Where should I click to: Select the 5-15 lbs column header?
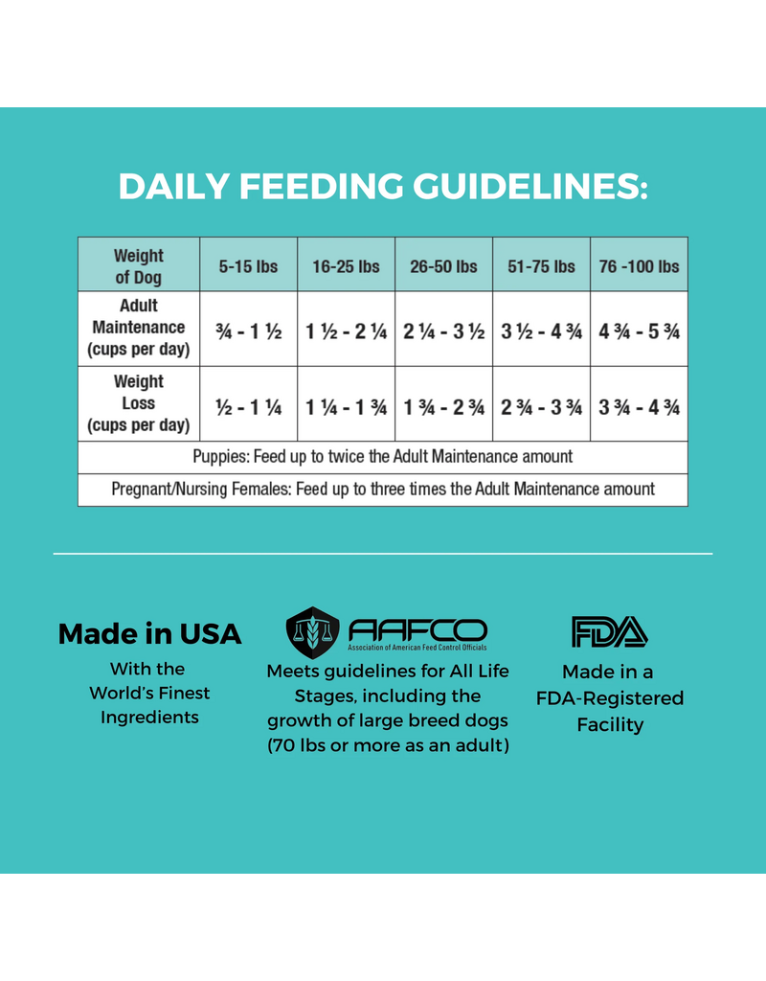[248, 266]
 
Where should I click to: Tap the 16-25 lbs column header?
[346, 266]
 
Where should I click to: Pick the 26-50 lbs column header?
[443, 266]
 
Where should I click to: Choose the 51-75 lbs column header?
[541, 266]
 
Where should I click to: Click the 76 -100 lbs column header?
[639, 266]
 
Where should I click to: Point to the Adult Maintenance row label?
[139, 328]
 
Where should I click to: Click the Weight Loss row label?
[139, 403]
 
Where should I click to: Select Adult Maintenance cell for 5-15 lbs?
[248, 331]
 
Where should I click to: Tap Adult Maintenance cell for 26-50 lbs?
[443, 331]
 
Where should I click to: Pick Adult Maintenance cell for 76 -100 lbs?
[639, 331]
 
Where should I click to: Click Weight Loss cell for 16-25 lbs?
[346, 406]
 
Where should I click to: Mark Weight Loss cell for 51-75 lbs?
[541, 406]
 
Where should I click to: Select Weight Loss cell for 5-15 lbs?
[248, 406]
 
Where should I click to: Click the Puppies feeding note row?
[382, 457]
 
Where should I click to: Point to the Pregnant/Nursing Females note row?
[382, 489]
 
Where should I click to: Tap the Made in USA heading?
[149, 633]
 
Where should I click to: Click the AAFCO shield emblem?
[313, 631]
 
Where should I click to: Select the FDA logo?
[610, 631]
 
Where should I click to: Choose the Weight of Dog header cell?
[139, 266]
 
